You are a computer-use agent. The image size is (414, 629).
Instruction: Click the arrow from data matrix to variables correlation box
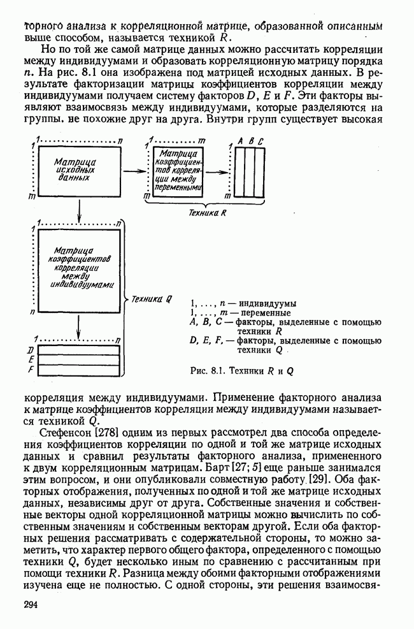tap(134, 171)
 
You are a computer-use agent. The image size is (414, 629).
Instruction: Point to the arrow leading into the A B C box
tap(217, 171)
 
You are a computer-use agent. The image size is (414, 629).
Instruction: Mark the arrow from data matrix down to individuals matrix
tap(78, 209)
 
